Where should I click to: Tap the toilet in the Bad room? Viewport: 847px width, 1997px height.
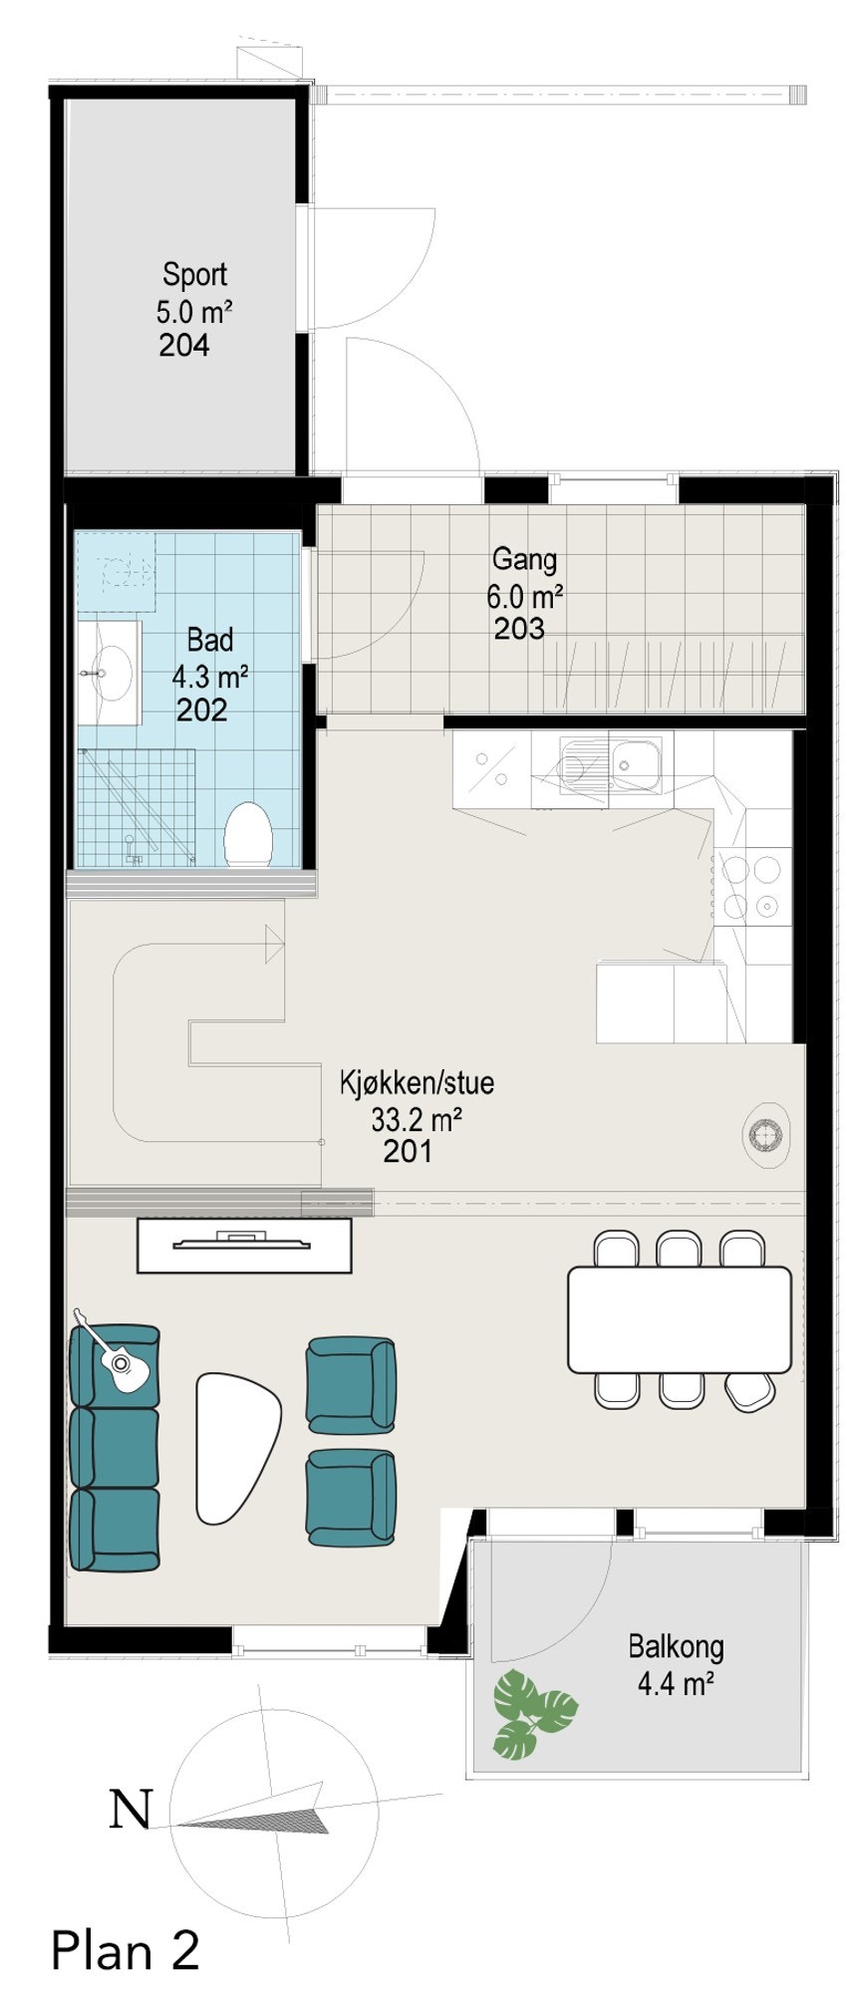pyautogui.click(x=248, y=835)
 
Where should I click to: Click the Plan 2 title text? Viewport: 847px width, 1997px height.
pyautogui.click(x=126, y=1949)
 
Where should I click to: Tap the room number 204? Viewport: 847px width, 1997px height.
pyautogui.click(x=184, y=346)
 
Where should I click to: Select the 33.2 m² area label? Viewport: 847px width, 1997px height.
pyautogui.click(x=416, y=1119)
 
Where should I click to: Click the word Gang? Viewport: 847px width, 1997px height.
pyautogui.click(x=524, y=559)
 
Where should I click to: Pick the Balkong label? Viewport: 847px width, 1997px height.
pyautogui.click(x=676, y=1646)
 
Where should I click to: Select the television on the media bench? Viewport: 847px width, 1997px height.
pyautogui.click(x=244, y=1242)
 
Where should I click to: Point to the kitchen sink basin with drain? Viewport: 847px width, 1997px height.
pyautogui.click(x=636, y=765)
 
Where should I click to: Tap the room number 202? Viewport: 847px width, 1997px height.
pyautogui.click(x=202, y=711)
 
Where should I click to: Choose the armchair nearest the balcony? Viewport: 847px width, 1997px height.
pyautogui.click(x=350, y=1497)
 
